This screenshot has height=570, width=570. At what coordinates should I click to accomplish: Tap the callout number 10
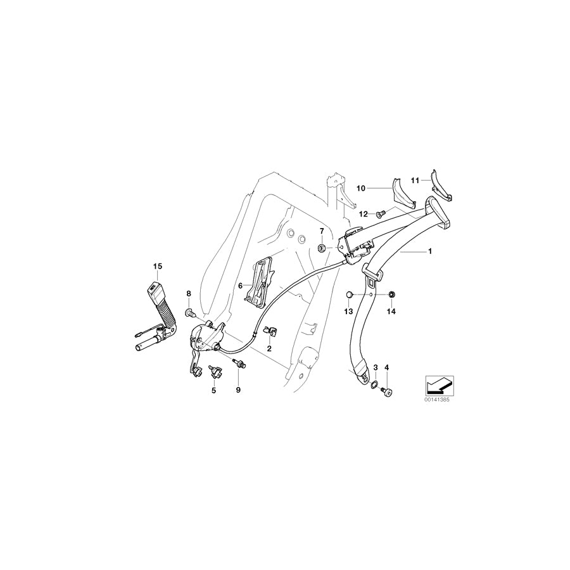pos(361,188)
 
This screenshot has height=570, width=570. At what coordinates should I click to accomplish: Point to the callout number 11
pos(416,180)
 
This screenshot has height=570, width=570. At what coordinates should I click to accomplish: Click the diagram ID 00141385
pos(436,400)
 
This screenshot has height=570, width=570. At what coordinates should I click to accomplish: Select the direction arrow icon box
pos(436,384)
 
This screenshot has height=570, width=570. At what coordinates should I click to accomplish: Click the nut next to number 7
pos(322,246)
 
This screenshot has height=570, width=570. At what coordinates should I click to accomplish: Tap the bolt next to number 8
pos(189,312)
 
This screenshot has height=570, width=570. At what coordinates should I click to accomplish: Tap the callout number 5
pos(213,391)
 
